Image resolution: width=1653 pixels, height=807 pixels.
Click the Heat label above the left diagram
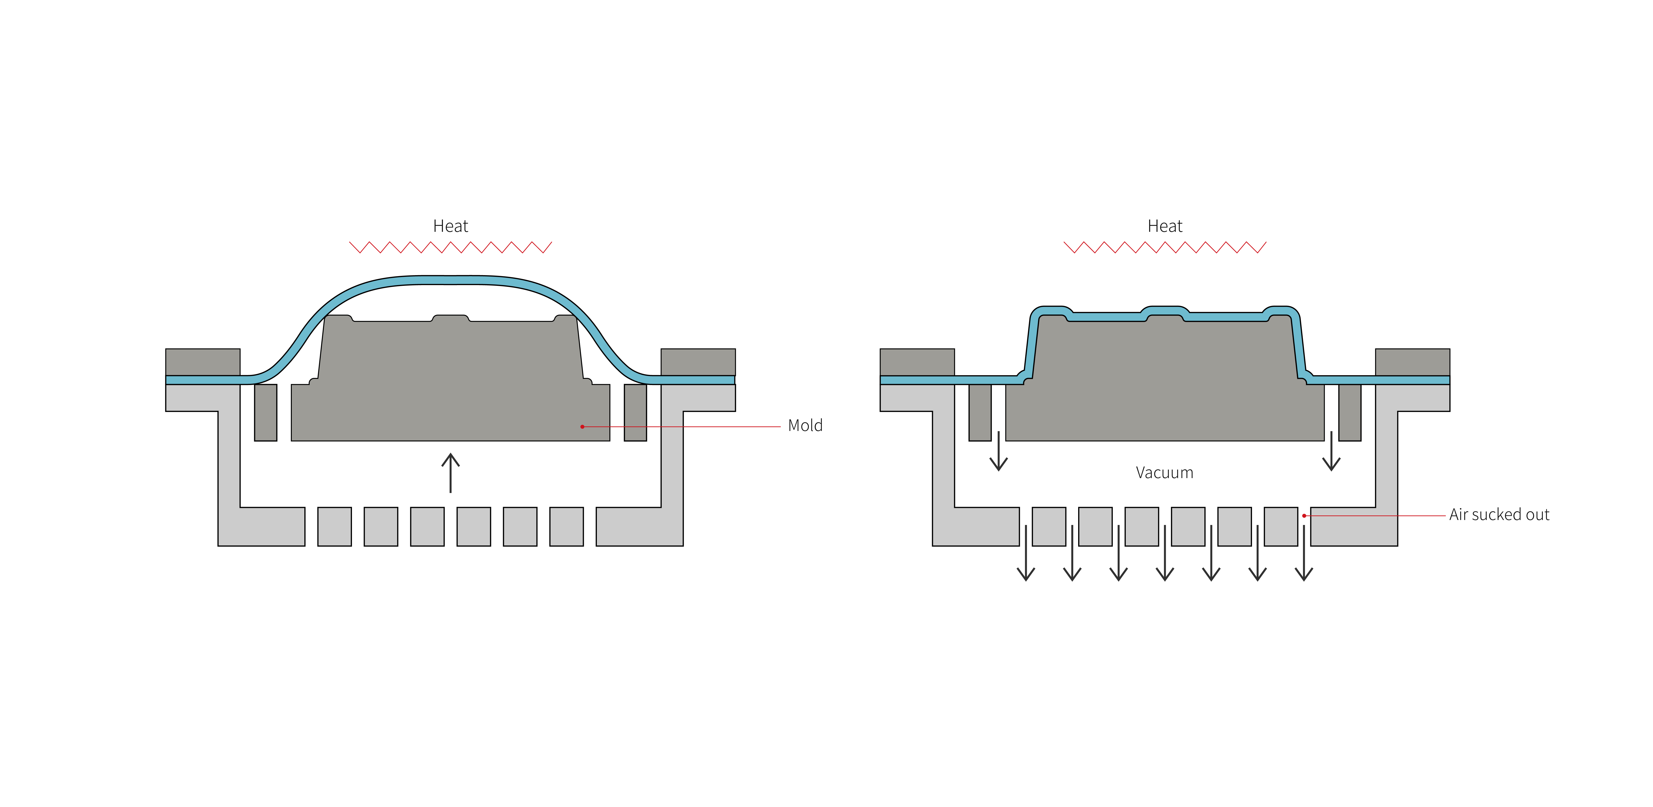point(450,226)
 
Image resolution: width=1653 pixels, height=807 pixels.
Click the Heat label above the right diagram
point(1165,226)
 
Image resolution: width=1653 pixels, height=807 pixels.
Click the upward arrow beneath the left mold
point(450,473)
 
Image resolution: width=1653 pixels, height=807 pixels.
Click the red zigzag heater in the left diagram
point(450,247)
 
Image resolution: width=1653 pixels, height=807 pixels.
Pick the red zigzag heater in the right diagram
point(1165,247)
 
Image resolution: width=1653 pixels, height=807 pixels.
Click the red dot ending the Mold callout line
point(582,427)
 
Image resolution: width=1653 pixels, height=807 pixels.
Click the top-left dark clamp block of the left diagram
point(203,362)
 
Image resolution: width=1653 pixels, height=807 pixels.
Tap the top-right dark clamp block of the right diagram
point(1412,362)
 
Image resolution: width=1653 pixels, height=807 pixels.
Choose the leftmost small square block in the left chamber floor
point(334,527)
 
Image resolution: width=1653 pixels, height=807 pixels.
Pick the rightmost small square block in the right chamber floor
point(1281,527)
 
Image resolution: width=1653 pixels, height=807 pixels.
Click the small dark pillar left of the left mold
point(266,412)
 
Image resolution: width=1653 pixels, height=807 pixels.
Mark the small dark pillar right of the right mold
point(1350,412)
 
